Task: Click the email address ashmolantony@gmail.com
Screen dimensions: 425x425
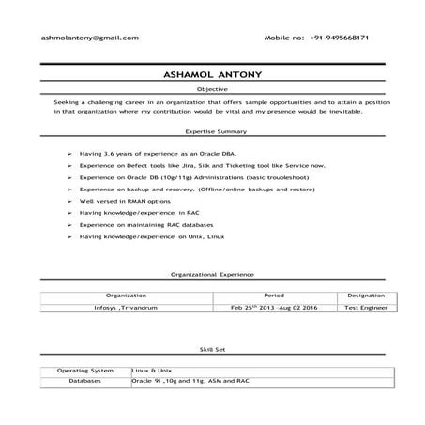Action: click(x=89, y=38)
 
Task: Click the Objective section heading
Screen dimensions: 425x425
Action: click(x=212, y=87)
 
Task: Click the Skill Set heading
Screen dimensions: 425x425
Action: click(x=212, y=349)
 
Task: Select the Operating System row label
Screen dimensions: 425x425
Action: click(x=85, y=371)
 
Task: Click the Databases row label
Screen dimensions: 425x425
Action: click(x=85, y=382)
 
